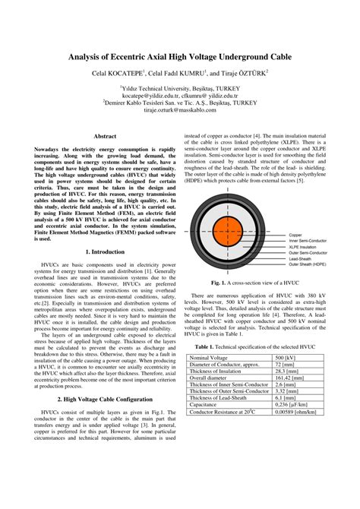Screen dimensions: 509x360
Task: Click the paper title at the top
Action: click(180, 56)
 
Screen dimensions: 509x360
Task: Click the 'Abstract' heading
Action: click(104, 136)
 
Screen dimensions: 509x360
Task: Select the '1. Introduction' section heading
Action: click(104, 251)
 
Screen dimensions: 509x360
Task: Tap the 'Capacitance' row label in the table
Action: click(209, 404)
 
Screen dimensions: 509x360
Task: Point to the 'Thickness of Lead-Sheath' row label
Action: click(224, 397)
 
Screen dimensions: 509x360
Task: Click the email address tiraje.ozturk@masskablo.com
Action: click(180, 109)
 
